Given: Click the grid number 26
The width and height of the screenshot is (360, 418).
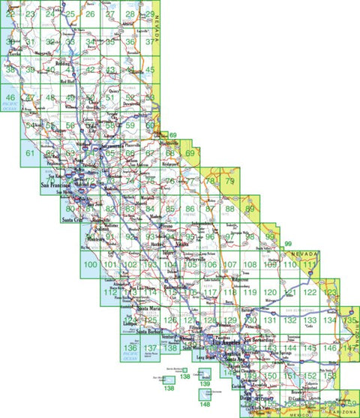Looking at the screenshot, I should coord(91,14).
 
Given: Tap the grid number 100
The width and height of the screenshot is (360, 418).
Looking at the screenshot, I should coord(91,265).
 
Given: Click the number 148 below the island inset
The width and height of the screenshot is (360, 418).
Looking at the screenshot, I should coord(205,406).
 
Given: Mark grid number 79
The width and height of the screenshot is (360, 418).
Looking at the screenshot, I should coord(230,181).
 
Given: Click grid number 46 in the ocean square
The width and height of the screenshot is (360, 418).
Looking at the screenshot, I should coord(10,98).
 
